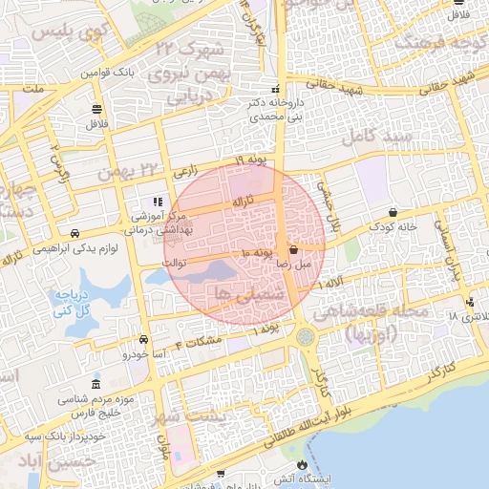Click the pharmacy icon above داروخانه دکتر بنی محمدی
click(x=276, y=89)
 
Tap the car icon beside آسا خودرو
click(x=143, y=340)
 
